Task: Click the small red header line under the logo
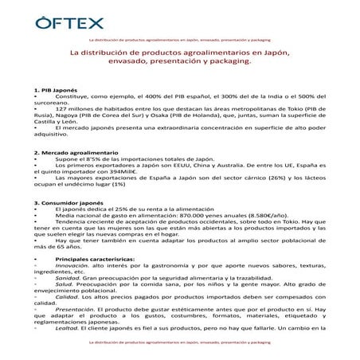(x=180, y=37)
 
